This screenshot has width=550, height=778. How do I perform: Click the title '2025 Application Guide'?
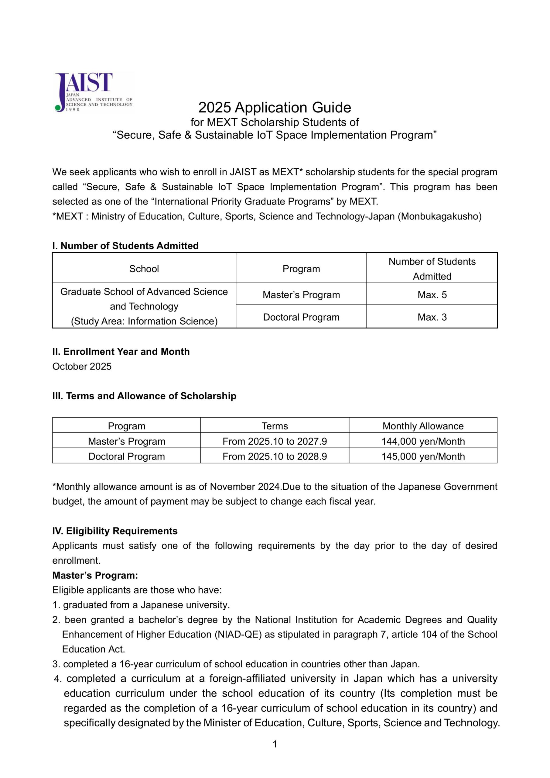(275, 108)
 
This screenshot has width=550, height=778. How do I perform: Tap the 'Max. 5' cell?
(432, 295)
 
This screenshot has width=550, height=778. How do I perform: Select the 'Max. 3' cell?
(432, 317)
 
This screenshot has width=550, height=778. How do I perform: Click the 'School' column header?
(144, 269)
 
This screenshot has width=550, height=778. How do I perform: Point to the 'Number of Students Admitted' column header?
(432, 269)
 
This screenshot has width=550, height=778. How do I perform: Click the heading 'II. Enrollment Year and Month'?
(121, 352)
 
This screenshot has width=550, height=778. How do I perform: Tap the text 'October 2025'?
(82, 367)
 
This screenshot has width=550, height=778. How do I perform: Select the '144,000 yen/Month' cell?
(423, 441)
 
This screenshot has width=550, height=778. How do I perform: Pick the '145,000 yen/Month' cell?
(423, 456)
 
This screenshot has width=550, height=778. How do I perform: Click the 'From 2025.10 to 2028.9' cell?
(275, 456)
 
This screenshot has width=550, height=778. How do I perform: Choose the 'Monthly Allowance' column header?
(423, 426)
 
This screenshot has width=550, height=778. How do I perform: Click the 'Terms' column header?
(275, 426)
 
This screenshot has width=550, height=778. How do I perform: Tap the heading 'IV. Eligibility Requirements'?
(115, 531)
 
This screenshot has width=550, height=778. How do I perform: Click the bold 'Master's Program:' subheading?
(95, 575)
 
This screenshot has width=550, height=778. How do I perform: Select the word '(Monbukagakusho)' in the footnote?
(439, 216)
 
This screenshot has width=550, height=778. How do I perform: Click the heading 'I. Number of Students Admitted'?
(125, 246)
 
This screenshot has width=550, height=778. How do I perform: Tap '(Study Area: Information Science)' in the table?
(144, 321)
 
